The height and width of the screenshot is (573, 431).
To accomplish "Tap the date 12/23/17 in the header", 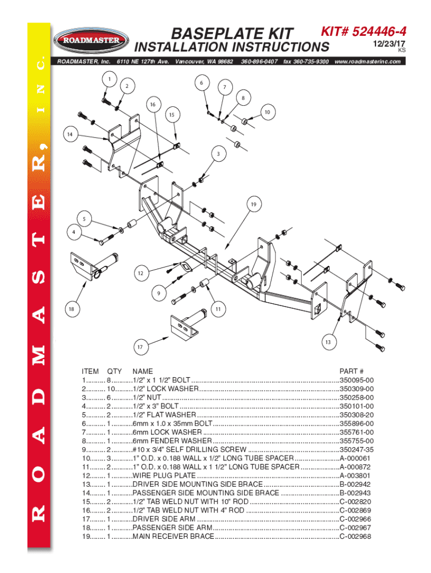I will [391, 43].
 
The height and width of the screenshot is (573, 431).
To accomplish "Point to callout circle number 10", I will [268, 112].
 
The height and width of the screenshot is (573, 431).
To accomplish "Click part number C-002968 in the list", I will [355, 537].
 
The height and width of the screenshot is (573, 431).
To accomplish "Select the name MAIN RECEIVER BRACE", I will [173, 537].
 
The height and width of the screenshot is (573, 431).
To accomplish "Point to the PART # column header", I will [352, 371].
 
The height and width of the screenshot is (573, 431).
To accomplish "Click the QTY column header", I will [114, 371].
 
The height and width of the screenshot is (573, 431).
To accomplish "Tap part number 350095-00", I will [357, 379].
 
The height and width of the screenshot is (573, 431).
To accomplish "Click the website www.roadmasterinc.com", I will [367, 61].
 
